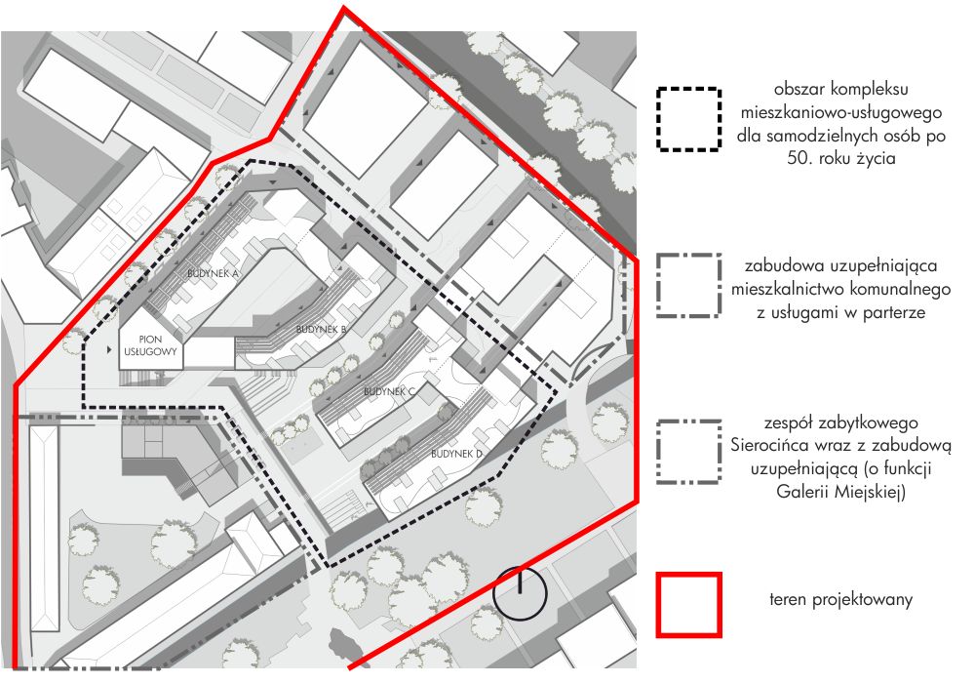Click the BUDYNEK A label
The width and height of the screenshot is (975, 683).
pyautogui.click(x=213, y=274)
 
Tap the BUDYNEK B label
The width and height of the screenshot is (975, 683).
pyautogui.click(x=321, y=329)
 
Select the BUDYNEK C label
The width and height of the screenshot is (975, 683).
pyautogui.click(x=389, y=392)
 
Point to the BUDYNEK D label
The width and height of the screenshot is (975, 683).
pyautogui.click(x=456, y=454)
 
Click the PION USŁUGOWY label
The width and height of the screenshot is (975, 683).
pyautogui.click(x=150, y=345)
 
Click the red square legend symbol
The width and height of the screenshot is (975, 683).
pyautogui.click(x=689, y=605)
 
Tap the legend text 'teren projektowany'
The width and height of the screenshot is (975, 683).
pyautogui.click(x=840, y=600)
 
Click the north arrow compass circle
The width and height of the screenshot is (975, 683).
pyautogui.click(x=520, y=593)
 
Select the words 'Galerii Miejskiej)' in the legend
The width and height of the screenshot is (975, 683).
pyautogui.click(x=840, y=492)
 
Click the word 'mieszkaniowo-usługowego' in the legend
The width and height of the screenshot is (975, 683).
pyautogui.click(x=840, y=112)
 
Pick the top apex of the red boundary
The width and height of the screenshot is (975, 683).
pyautogui.click(x=343, y=7)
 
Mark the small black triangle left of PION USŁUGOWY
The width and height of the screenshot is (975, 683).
pyautogui.click(x=109, y=349)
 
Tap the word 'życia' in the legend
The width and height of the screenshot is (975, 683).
pyautogui.click(x=877, y=159)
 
